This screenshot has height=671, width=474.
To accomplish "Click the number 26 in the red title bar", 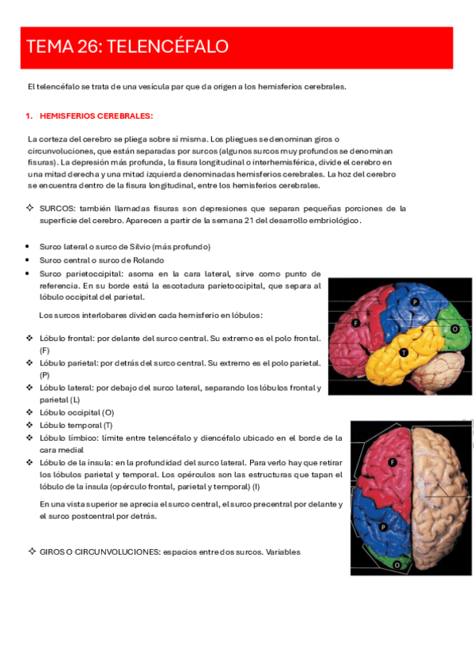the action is coord(85,47).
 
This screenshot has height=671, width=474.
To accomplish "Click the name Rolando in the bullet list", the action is coord(146,260).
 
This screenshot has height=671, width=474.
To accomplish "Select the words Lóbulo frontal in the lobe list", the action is coord(66,338).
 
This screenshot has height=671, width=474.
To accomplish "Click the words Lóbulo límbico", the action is coord(66,438).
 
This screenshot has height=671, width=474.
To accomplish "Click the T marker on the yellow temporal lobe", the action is coord(404,352).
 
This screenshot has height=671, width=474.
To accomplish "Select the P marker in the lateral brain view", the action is coord(415,302).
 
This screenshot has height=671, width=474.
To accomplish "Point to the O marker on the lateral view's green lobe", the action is coord(455,328).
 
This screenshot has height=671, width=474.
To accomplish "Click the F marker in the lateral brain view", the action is coord(356,324).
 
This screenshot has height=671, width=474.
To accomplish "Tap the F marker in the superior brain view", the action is coord(392,462).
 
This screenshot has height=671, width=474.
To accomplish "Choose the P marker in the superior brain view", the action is coord(383,525).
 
